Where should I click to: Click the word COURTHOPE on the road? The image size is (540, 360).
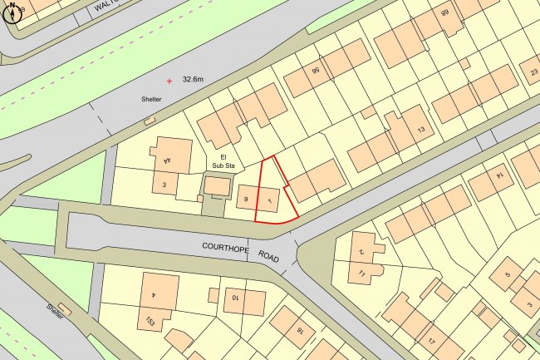[x=225, y=247]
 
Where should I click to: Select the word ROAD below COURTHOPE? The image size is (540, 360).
[x=268, y=256]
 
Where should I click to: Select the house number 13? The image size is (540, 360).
[x=421, y=131]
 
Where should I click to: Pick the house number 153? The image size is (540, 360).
[x=151, y=320]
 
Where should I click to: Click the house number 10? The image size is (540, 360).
[x=235, y=297]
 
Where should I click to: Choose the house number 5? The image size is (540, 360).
[x=507, y=274]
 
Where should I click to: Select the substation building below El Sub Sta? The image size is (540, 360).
[x=218, y=188]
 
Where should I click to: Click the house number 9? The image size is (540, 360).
[x=245, y=199]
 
